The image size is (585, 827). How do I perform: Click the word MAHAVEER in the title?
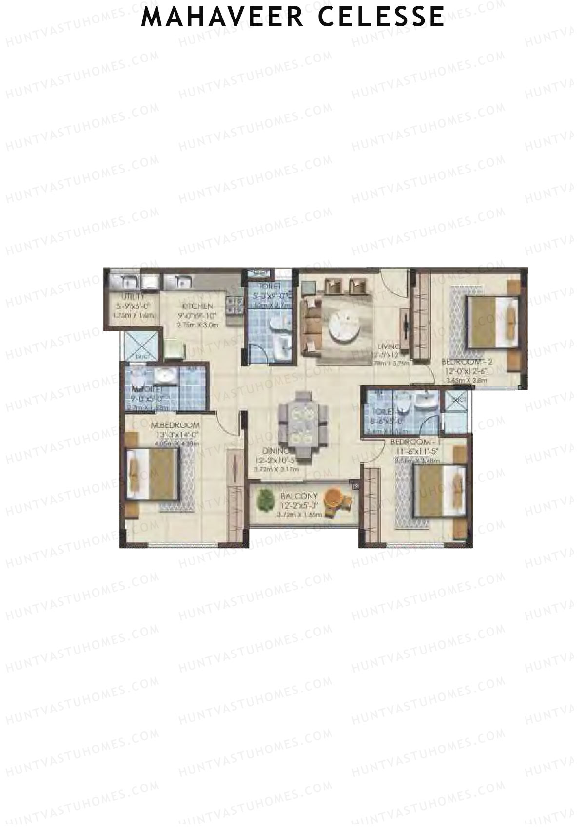(222, 17)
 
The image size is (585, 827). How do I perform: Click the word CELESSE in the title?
(382, 17)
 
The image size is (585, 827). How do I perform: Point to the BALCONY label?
(299, 496)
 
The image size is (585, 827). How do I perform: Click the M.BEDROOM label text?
(175, 425)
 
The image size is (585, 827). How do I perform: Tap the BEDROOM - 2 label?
(465, 362)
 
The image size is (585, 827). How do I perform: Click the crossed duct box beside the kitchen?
(141, 346)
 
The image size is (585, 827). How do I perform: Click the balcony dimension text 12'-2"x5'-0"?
(298, 505)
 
